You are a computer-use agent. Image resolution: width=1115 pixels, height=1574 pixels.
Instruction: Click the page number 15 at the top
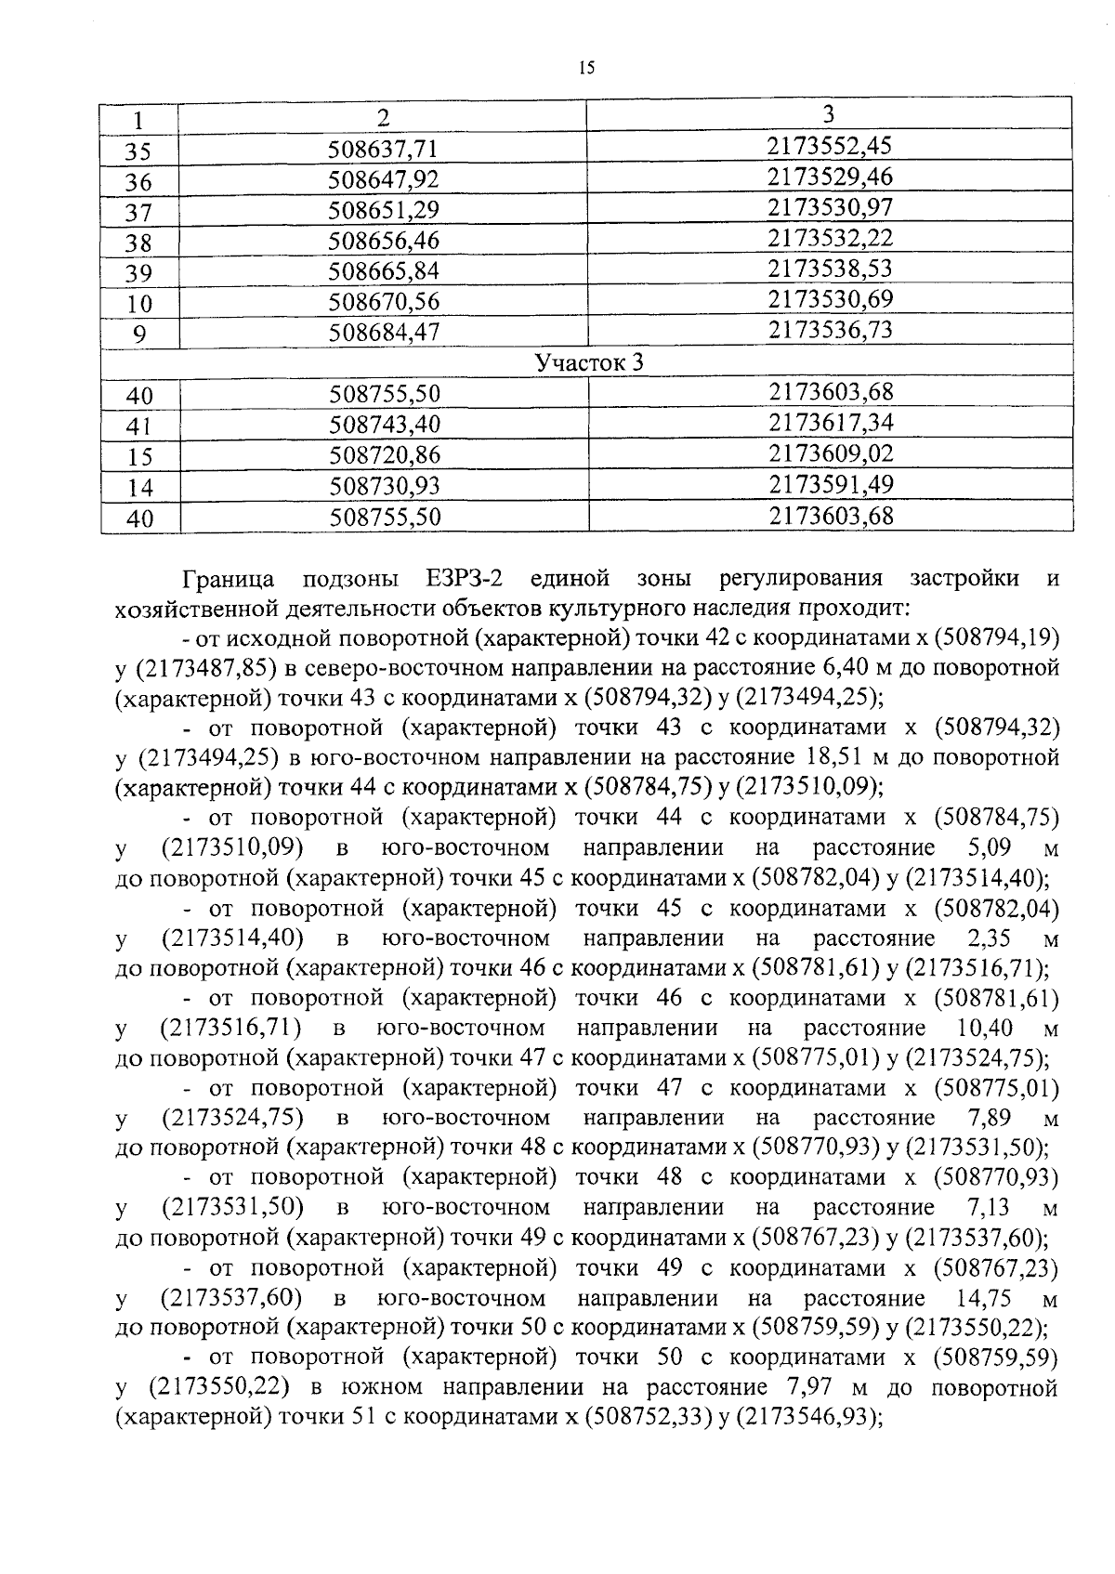[584, 68]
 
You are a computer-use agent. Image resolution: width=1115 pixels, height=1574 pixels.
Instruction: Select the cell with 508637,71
[384, 149]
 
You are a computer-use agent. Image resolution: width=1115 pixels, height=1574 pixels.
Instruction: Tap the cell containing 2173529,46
[830, 177]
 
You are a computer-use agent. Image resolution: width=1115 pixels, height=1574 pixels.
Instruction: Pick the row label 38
[138, 243]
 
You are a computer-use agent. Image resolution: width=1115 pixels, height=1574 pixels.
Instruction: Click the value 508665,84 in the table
[384, 271]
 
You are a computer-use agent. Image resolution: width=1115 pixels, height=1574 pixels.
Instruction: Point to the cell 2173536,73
[830, 330]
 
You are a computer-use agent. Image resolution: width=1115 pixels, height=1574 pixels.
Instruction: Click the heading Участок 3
[588, 362]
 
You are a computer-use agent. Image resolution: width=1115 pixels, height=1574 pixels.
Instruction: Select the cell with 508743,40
[384, 425]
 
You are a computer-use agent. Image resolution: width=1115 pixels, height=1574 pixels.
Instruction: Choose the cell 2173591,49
[830, 484]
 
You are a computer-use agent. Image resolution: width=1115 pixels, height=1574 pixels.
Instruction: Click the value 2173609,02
[830, 453]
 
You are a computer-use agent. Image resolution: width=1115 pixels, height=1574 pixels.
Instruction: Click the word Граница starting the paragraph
[229, 580]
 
